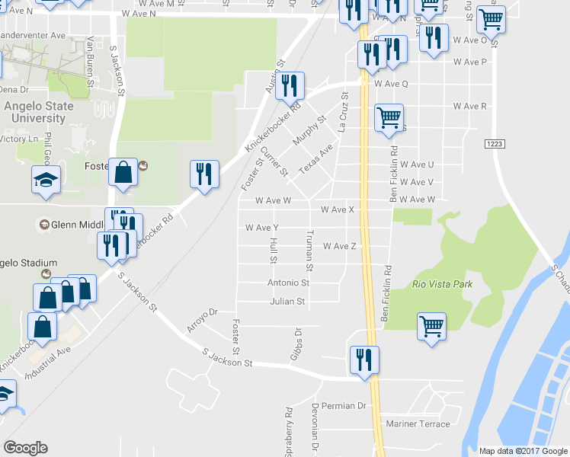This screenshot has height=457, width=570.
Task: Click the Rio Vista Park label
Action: (442, 284)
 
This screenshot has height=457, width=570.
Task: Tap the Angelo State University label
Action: (39, 112)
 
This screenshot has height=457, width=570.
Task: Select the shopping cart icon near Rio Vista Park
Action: (431, 327)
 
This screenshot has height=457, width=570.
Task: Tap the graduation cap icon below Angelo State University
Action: (46, 180)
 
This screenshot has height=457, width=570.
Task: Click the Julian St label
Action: (287, 302)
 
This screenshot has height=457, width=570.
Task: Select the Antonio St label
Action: (288, 283)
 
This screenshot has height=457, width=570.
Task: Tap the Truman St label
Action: (310, 251)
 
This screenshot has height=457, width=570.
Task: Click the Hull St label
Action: (273, 251)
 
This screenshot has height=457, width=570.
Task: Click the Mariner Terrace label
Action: (418, 423)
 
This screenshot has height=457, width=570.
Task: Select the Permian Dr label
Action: (344, 406)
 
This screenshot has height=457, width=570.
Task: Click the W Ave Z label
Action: (340, 246)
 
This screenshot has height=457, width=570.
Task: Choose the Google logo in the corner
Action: (25, 448)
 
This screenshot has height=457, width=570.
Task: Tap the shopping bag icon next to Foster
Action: (123, 172)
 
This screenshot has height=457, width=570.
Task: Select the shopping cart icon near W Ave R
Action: (389, 117)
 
